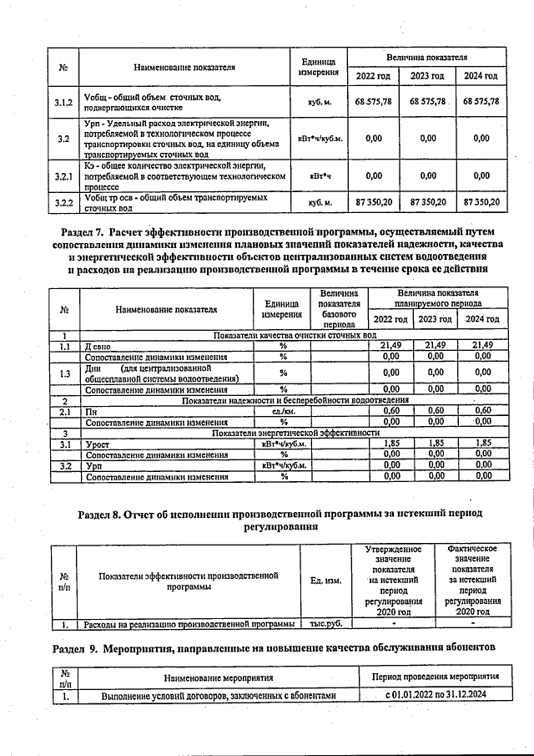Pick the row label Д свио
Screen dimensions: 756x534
[98, 344]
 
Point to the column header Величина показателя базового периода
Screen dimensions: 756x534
[340, 309]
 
